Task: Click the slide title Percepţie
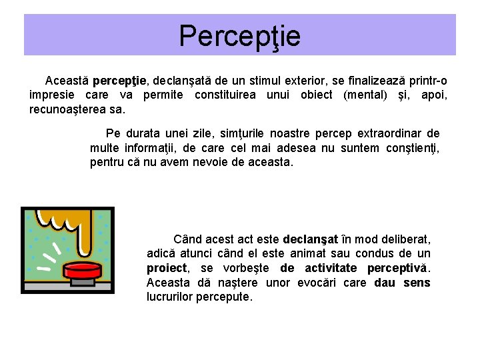point(239,36)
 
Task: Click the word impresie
point(53,95)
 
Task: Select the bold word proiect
point(167,268)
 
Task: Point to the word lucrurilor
point(169,297)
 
